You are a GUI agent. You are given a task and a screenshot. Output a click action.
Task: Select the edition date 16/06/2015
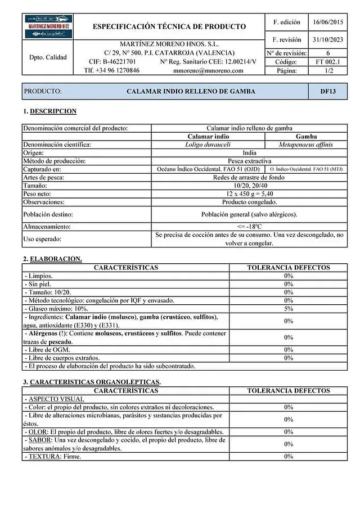327,22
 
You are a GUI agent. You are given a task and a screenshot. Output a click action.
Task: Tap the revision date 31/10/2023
327,40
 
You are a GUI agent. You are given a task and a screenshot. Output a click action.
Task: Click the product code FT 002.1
327,62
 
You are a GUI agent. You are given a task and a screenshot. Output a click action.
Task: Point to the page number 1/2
327,71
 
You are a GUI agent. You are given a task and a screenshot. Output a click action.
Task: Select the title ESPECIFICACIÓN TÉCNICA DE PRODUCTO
169,26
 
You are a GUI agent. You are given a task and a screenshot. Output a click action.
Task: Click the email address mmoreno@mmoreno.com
208,71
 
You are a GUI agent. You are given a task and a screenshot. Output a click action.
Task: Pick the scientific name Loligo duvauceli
208,145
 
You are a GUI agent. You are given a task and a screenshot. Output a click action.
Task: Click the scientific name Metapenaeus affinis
305,145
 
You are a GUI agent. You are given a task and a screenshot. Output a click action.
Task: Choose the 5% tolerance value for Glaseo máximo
289,308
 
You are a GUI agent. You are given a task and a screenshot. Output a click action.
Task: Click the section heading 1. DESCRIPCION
49,111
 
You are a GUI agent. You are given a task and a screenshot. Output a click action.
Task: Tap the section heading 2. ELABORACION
52,259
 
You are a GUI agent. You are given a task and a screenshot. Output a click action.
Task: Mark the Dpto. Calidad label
48,57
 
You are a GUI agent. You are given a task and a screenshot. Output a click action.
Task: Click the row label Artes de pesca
44,177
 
